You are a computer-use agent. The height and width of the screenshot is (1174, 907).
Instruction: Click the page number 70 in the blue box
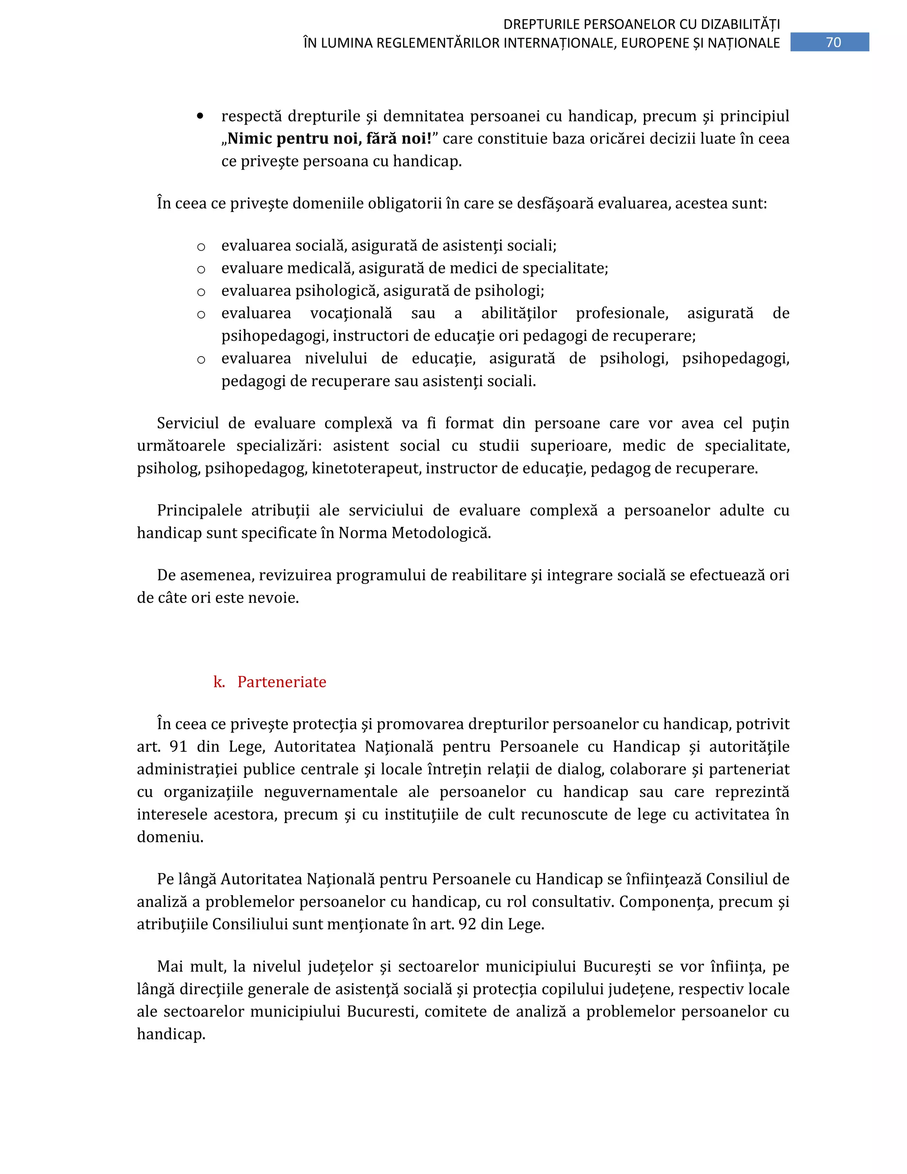coord(833,43)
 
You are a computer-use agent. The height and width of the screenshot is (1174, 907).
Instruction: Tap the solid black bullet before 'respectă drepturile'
coord(201,116)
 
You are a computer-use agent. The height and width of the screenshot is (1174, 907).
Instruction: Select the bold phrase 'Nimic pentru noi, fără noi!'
coord(329,139)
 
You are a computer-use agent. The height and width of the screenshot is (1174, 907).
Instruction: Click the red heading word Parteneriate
coord(282,682)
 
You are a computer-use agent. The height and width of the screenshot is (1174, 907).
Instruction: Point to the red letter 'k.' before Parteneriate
coord(219,682)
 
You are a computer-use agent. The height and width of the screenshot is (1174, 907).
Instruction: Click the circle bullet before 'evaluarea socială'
coord(201,247)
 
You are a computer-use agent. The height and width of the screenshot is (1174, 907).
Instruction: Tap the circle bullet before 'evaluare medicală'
coord(201,269)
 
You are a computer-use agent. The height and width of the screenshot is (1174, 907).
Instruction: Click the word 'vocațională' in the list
coord(351,313)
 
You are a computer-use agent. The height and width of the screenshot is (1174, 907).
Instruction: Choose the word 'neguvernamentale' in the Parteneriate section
coord(330,792)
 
